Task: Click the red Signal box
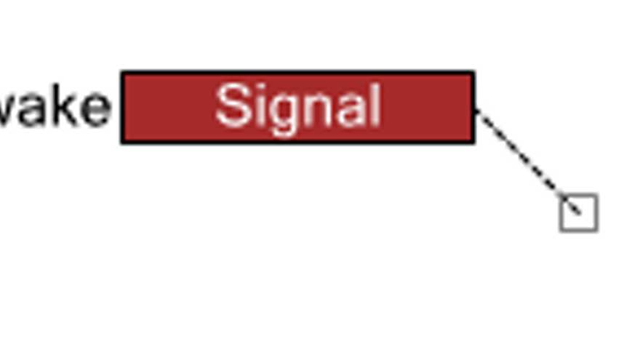[x=297, y=107]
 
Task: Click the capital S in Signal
[x=232, y=106]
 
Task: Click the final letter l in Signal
[x=373, y=106]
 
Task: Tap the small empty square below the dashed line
[x=579, y=213]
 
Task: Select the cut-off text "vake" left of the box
[x=55, y=108]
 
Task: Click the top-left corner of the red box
[x=122, y=73]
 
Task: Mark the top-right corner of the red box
[x=473, y=73]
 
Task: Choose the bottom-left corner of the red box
[x=122, y=142]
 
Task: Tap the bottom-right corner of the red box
[x=473, y=142]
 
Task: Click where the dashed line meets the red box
[x=476, y=111]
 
